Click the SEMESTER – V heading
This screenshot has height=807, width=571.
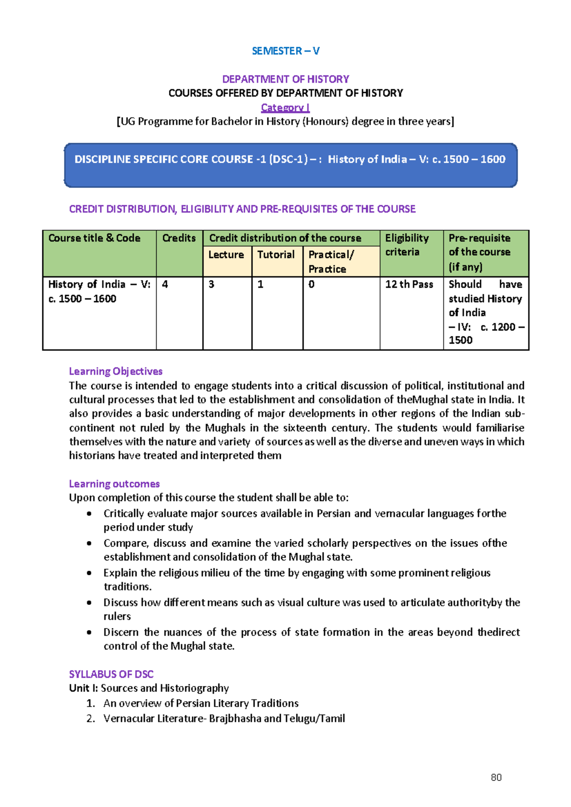(x=285, y=51)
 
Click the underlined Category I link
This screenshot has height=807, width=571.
(x=285, y=108)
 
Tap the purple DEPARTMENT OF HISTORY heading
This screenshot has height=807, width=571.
(x=285, y=79)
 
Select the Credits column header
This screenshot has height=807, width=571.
(x=179, y=238)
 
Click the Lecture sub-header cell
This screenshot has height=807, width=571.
(x=226, y=255)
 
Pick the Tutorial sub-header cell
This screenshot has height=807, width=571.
(x=276, y=255)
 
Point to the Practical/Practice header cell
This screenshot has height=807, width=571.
(x=331, y=262)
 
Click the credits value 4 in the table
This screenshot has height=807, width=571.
(x=165, y=285)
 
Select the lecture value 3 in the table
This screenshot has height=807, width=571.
(x=211, y=285)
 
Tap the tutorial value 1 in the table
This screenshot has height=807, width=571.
(x=260, y=285)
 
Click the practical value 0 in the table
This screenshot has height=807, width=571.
(x=311, y=285)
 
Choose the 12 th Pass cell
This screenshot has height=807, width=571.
(x=409, y=285)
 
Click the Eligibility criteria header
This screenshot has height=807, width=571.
(x=407, y=245)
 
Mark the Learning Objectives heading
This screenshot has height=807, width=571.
(x=116, y=371)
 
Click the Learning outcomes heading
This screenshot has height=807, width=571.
(x=114, y=484)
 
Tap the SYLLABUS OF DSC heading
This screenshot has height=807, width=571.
(x=111, y=674)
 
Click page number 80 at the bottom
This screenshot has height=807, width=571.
(x=496, y=777)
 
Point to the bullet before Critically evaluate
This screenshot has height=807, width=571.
(x=89, y=513)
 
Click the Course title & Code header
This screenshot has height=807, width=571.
(x=94, y=238)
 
